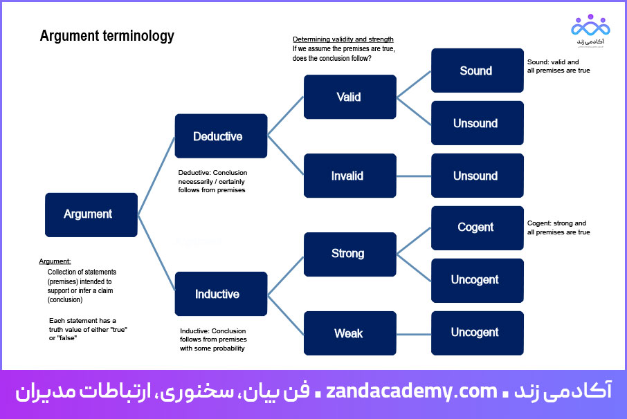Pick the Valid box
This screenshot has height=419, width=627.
tap(349, 97)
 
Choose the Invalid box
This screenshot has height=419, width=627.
tap(349, 176)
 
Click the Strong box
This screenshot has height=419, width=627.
tap(349, 254)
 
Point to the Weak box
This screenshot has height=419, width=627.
tap(349, 333)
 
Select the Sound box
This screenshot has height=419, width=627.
tap(477, 71)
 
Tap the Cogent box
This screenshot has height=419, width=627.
tap(477, 227)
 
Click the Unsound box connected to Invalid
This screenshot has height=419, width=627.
tap(477, 176)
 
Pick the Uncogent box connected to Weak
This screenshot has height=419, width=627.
tap(477, 333)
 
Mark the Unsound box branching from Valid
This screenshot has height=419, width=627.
tap(477, 123)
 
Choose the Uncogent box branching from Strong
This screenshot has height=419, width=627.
tap(477, 280)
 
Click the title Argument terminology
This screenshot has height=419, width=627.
tap(107, 36)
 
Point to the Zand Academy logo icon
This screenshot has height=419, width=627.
tap(590, 26)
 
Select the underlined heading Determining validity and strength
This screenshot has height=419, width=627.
tap(343, 39)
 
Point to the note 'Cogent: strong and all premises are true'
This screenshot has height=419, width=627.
tap(558, 227)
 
